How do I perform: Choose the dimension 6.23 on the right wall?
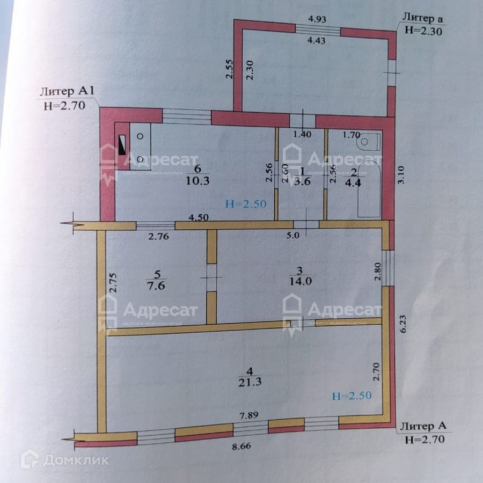click(x=403, y=325)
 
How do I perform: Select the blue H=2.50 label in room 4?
click(x=352, y=396)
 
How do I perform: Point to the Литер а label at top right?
click(x=422, y=19)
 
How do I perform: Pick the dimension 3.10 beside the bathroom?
click(x=404, y=175)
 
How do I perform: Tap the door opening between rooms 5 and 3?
click(x=211, y=277)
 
